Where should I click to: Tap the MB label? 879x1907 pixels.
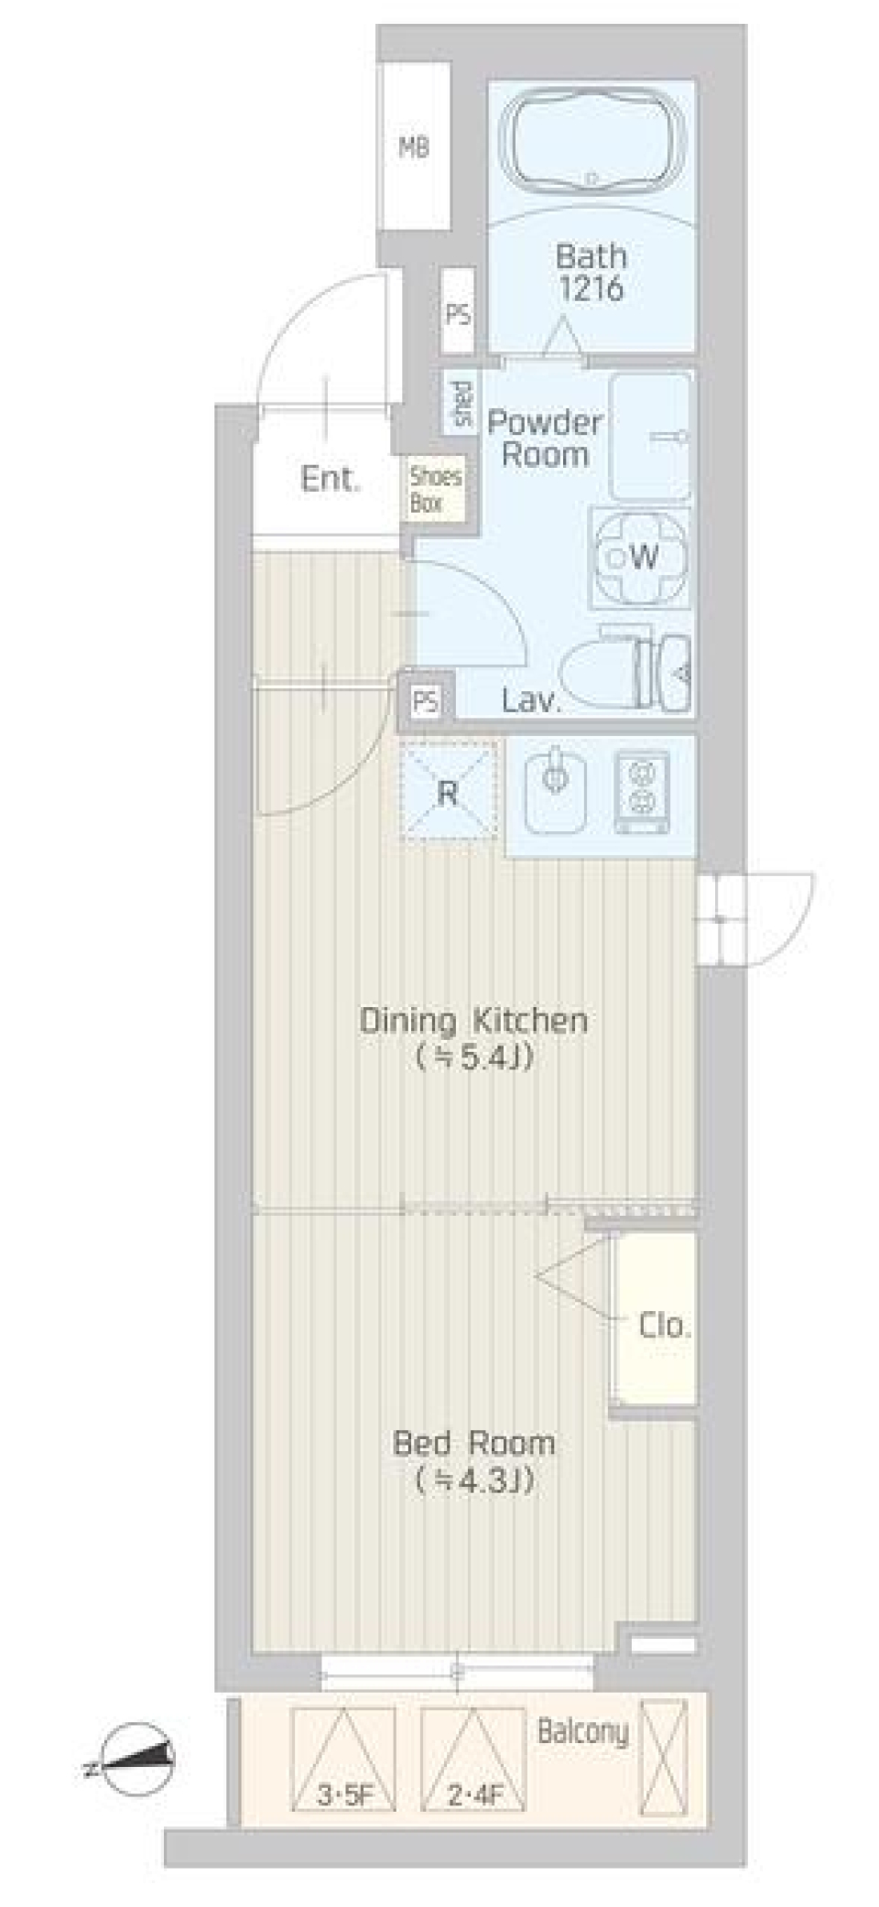pos(414,146)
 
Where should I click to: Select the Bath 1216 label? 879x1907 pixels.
pos(591,272)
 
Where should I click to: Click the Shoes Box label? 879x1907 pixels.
pos(435,489)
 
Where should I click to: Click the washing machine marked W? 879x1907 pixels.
pos(641,556)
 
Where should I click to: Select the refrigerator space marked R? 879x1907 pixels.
pos(449,791)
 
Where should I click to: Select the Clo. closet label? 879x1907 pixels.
pos(663,1325)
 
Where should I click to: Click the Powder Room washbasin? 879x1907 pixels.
pos(650,436)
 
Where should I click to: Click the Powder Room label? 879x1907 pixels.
pos(545,439)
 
